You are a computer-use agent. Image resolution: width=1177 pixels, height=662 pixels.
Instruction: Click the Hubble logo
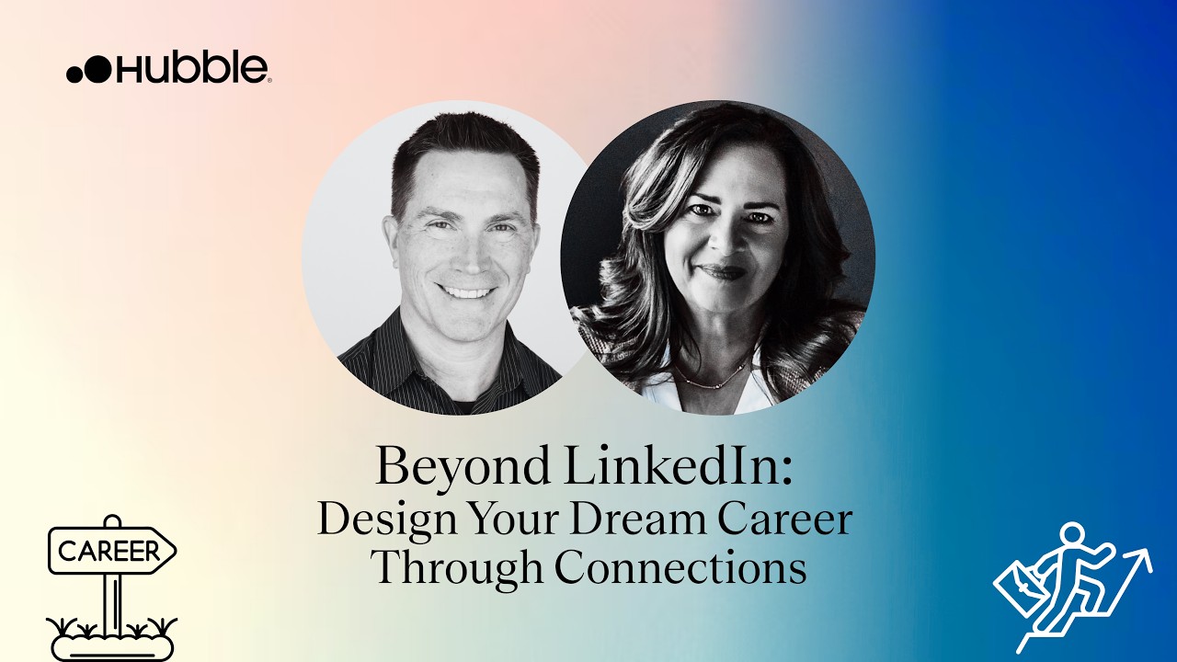click(168, 69)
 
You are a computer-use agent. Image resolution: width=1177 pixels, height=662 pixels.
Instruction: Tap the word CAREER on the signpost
click(109, 552)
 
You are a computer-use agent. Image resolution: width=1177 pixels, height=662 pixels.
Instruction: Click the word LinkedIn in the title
click(677, 467)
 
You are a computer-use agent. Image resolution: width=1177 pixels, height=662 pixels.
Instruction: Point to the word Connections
click(680, 567)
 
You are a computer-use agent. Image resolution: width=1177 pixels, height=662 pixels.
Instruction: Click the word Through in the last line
click(456, 568)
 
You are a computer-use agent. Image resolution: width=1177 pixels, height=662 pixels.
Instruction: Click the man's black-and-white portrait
click(441, 257)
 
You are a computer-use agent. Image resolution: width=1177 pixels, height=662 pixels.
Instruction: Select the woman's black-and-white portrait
click(717, 257)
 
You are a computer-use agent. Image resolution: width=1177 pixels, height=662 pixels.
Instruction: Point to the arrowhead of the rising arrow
click(1141, 556)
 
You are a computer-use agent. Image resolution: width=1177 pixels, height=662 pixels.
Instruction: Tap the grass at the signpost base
click(110, 628)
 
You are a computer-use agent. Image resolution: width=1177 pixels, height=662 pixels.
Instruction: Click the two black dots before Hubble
click(88, 71)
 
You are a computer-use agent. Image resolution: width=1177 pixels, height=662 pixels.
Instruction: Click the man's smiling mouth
click(466, 292)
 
